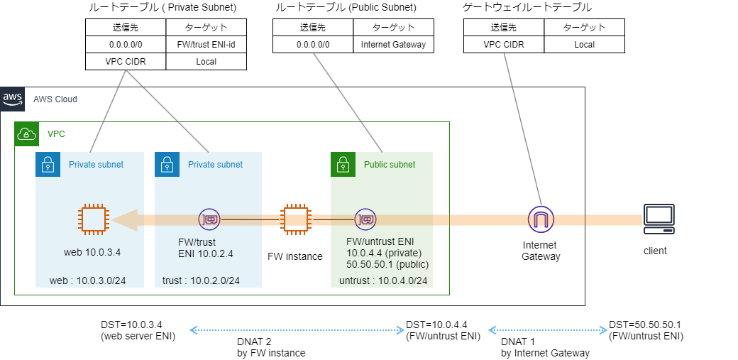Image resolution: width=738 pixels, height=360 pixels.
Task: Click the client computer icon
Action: click(659, 219)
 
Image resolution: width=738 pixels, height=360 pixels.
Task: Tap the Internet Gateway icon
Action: click(541, 219)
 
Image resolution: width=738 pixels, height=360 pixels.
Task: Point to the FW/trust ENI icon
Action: click(209, 219)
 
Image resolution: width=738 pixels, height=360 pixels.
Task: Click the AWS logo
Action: click(12, 99)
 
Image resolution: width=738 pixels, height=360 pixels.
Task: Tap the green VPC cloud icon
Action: click(26, 133)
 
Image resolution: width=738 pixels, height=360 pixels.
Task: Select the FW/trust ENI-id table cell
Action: click(206, 44)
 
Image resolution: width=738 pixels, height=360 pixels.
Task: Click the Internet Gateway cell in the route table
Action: click(393, 44)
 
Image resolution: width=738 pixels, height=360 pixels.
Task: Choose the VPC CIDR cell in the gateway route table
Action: click(504, 44)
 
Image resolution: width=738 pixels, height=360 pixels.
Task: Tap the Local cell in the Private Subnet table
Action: click(206, 61)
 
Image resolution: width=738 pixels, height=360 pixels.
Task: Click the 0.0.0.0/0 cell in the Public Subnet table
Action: click(313, 44)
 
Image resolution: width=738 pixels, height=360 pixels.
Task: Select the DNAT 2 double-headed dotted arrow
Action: click(294, 330)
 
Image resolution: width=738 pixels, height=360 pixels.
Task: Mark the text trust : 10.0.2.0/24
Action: click(201, 280)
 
